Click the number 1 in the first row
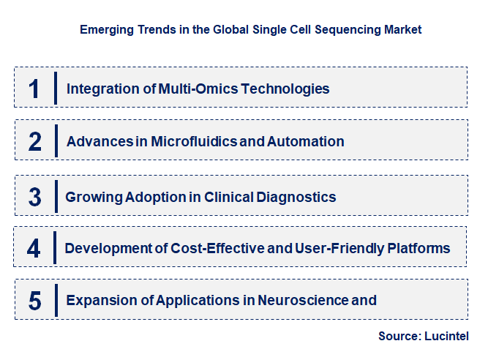tap(34, 89)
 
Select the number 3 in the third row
tap(34, 197)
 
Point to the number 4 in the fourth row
tap(34, 248)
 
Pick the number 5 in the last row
tap(34, 300)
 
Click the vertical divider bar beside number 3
tap(56, 196)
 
